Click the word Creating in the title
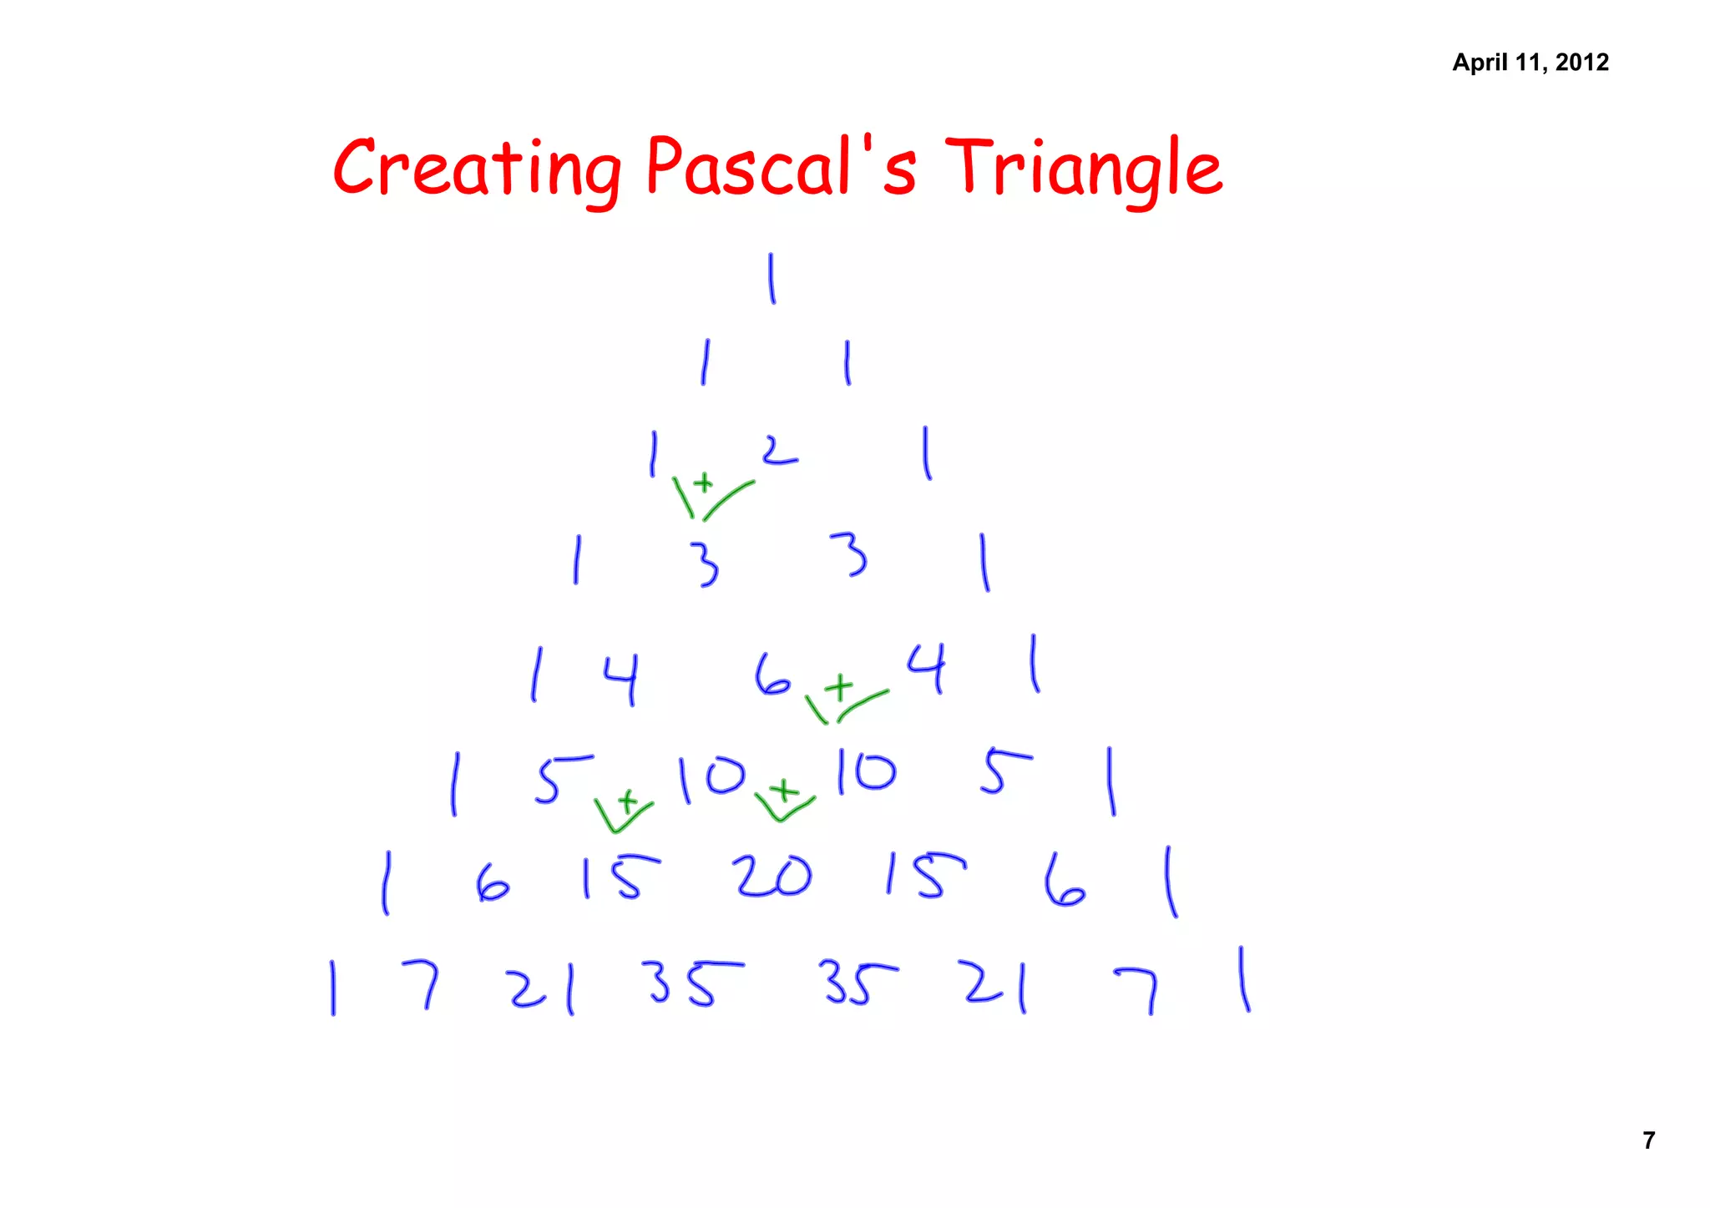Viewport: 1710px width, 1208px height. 478,169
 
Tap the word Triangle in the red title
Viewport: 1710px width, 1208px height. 1084,169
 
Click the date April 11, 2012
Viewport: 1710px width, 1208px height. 1530,63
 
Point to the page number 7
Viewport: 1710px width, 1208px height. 1648,1140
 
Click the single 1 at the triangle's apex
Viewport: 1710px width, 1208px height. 772,279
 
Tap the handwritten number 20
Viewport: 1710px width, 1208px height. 772,877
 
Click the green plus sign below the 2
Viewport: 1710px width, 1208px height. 704,483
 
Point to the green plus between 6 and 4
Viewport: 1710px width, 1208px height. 840,688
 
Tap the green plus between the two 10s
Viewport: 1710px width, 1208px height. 783,789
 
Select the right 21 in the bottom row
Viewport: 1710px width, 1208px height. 995,985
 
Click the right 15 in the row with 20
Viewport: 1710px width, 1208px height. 925,877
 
